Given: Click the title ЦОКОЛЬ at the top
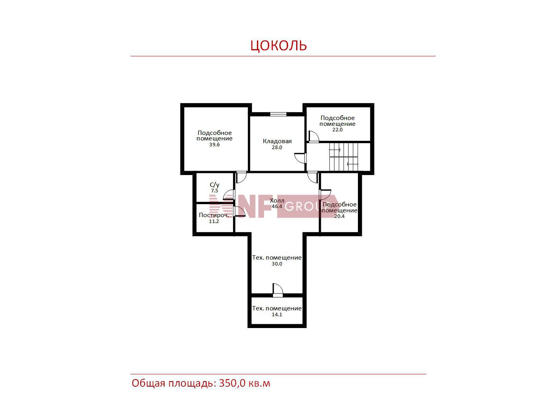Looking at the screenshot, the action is (x=279, y=46).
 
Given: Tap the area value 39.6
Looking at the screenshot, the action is (x=214, y=144).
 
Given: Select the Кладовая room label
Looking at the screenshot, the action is (x=277, y=141).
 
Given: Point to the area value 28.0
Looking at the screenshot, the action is (x=277, y=147).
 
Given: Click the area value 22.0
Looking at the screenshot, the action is (x=337, y=130).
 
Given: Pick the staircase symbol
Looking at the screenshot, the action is (x=343, y=157).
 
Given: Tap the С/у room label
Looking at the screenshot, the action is (x=214, y=185).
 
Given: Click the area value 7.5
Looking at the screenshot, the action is (x=214, y=191).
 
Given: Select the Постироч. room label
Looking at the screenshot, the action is (x=214, y=215).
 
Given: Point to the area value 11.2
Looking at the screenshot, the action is (x=214, y=221).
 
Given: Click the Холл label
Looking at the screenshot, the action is (x=277, y=201).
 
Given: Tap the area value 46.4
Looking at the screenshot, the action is (x=277, y=206).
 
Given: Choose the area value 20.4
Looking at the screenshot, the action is (x=339, y=216).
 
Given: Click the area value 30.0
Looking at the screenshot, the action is (x=277, y=264).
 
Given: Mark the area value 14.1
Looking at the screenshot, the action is (x=277, y=314).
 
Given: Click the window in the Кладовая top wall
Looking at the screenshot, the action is (x=278, y=114).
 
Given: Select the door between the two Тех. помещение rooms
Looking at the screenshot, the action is (x=278, y=290).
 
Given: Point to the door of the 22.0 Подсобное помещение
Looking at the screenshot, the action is (x=313, y=136).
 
